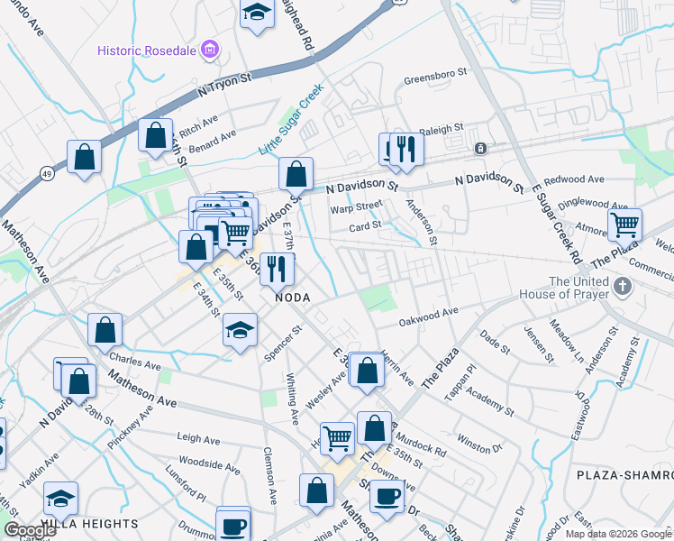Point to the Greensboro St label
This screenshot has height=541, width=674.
436,78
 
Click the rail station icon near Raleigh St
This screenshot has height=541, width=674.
481,148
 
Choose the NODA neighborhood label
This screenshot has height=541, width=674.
294,298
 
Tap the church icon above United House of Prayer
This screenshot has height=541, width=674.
621,287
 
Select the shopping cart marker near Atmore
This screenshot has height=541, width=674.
624,225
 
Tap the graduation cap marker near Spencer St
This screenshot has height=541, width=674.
241,330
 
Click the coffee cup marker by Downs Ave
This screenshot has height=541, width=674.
387,495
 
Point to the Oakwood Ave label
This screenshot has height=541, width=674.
429,316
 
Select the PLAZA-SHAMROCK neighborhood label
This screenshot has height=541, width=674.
624,474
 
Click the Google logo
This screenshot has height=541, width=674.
31,530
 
